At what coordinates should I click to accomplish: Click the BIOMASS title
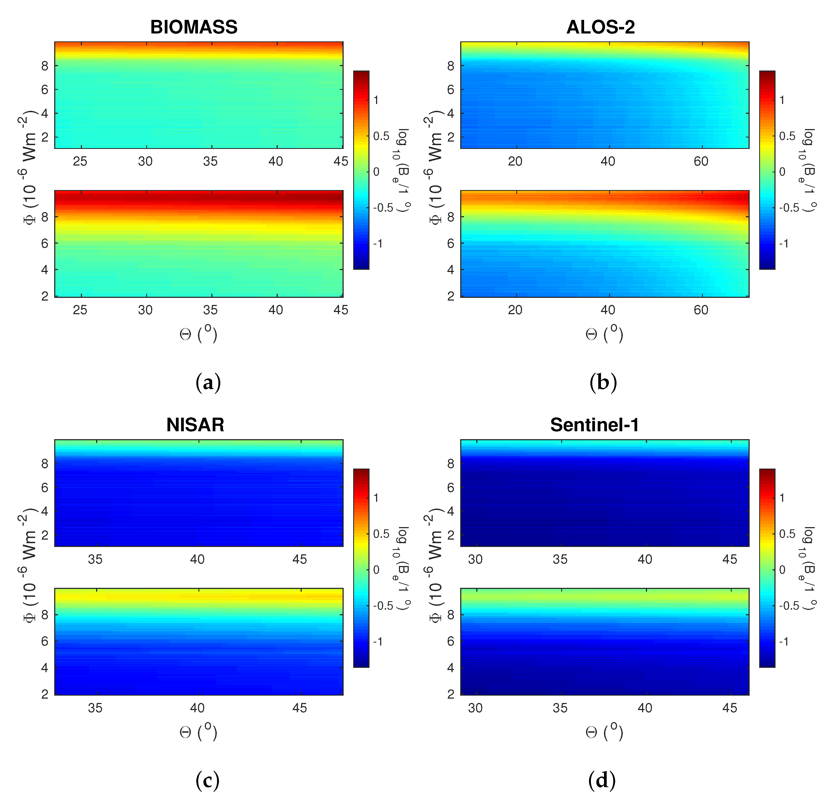[x=194, y=27]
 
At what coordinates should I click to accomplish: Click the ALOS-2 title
[x=600, y=27]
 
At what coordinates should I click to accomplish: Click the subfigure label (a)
[x=208, y=383]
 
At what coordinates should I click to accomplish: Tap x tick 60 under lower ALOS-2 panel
[x=701, y=310]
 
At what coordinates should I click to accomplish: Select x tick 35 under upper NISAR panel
[x=95, y=559]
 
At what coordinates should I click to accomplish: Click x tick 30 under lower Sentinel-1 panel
[x=475, y=708]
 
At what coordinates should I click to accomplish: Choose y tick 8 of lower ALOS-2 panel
[x=451, y=217]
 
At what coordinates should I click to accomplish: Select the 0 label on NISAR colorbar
[x=376, y=570]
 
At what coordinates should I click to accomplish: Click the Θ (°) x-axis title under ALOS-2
[x=604, y=334]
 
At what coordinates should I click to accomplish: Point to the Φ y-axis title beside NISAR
[x=29, y=568]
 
